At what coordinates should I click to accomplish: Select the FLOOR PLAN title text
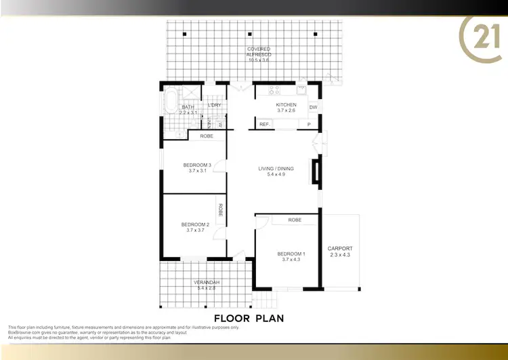point(249,317)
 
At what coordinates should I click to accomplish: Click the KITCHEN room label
point(286,104)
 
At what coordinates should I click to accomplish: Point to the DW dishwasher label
point(313,108)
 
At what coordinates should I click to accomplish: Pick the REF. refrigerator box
point(264,124)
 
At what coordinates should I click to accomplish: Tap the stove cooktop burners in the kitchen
point(275,89)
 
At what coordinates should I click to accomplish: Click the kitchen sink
point(301,88)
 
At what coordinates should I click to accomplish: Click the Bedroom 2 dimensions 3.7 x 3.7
point(195,231)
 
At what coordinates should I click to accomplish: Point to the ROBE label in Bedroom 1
point(294,220)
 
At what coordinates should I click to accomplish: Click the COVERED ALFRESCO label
point(259,49)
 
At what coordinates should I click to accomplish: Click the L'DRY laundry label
point(215,105)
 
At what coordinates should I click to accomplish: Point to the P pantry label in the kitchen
point(308,124)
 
